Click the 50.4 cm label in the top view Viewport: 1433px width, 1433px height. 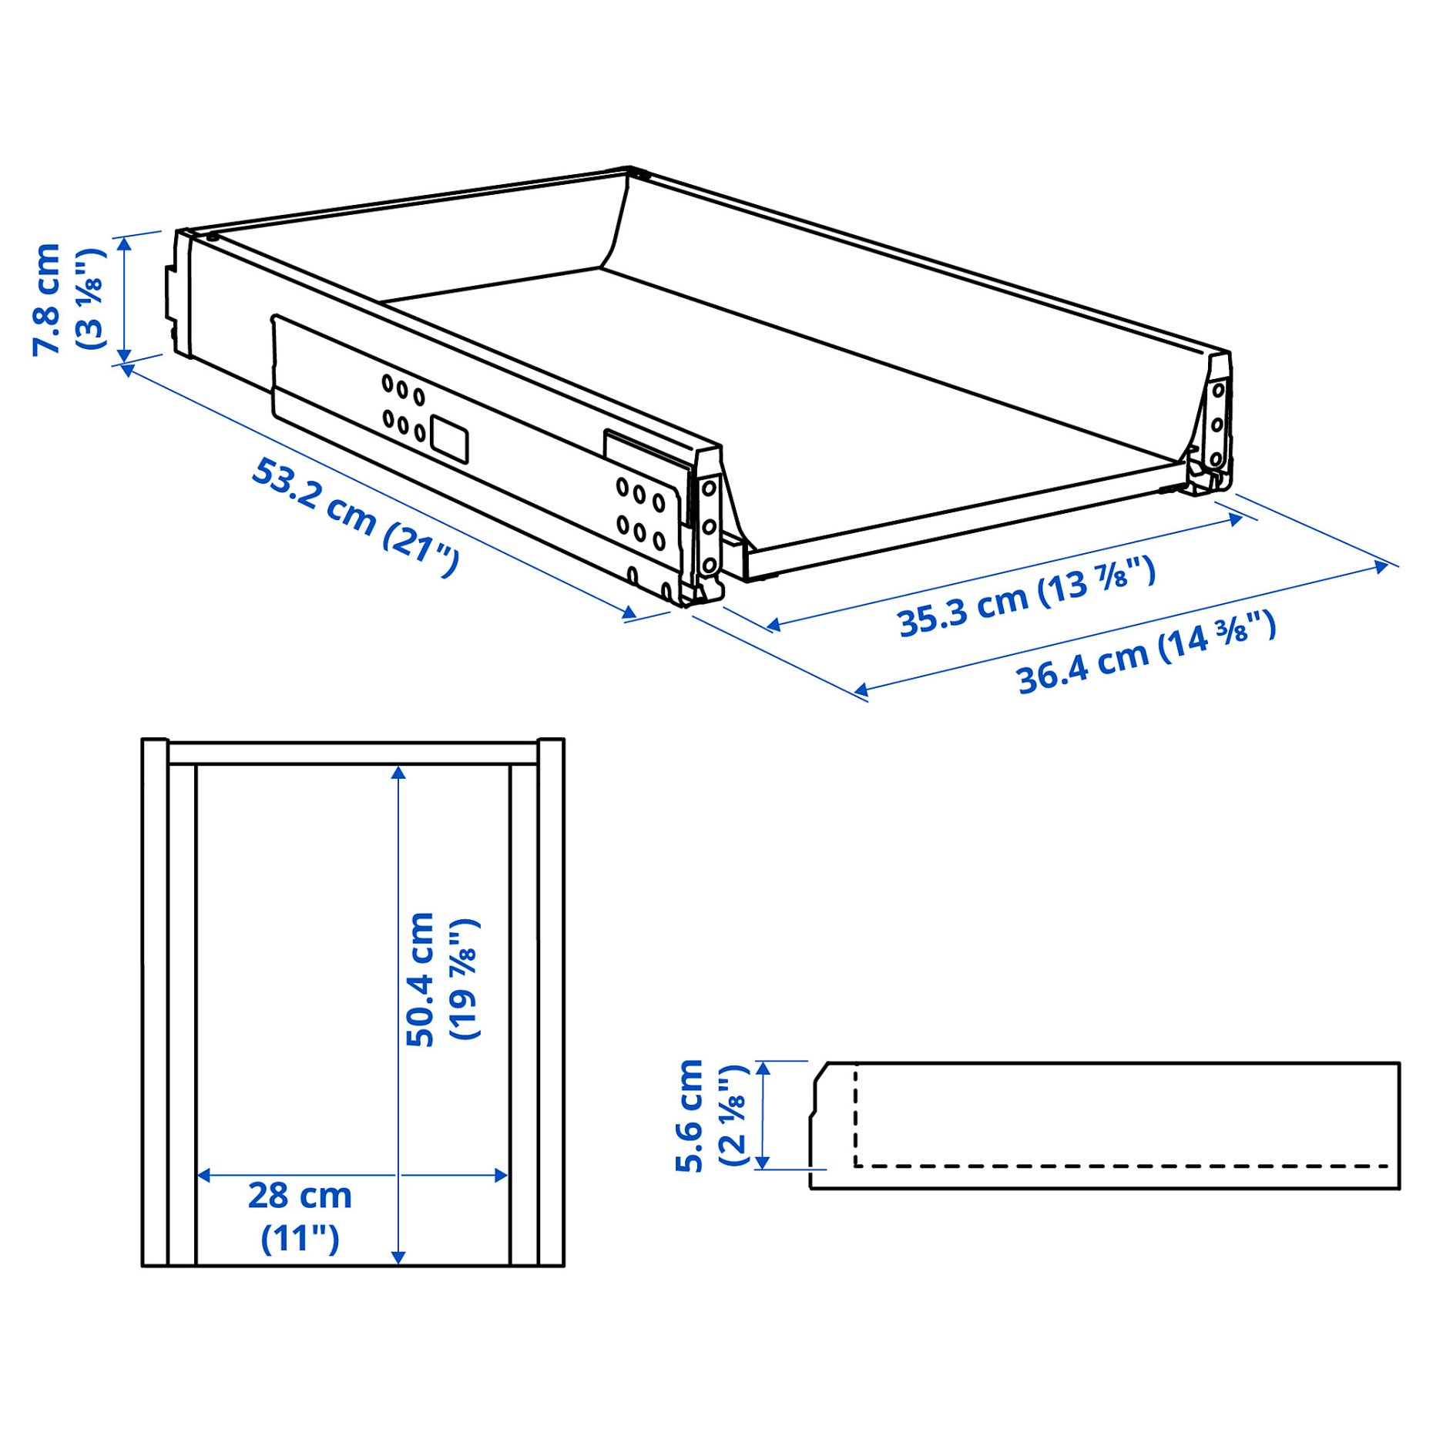421,978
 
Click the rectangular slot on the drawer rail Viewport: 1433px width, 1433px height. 448,439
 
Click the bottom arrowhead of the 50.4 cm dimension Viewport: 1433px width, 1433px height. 398,1257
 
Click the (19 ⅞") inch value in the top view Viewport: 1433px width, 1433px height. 465,978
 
